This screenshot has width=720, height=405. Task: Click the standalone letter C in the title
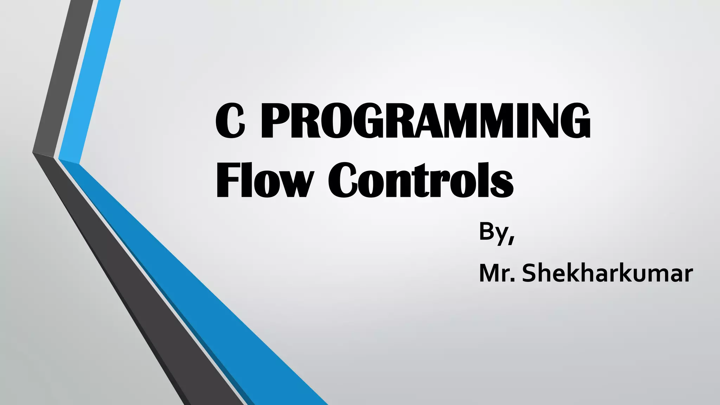click(230, 121)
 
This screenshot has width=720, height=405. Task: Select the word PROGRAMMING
click(425, 121)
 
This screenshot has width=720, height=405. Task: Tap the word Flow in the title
click(264, 180)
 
